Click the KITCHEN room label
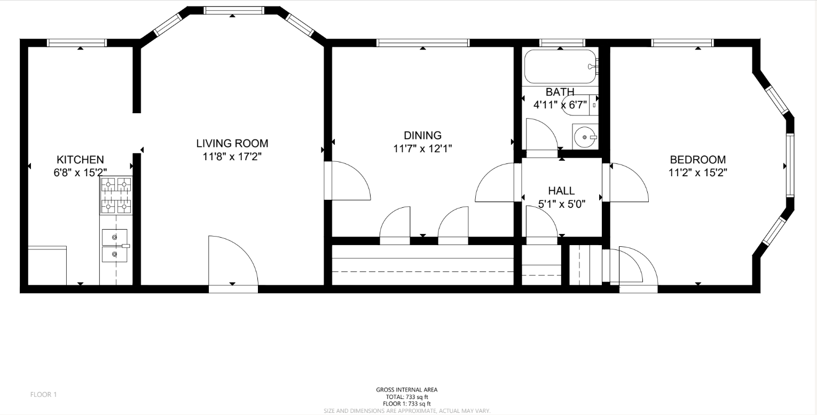pos(80,160)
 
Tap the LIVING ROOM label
pos(232,143)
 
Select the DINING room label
pos(423,136)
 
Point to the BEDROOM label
pos(698,160)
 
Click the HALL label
pos(561,191)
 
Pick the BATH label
pos(560,92)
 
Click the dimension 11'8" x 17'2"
pos(232,157)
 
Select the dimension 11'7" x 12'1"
pos(423,149)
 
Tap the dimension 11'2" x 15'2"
pos(698,173)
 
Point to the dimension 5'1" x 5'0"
pos(562,204)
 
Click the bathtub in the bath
pos(561,66)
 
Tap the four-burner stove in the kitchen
pos(116,196)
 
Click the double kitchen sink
pos(115,246)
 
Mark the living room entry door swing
pos(233,263)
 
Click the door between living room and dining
pos(348,181)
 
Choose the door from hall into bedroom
pos(625,182)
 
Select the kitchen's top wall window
pos(77,43)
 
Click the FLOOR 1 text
pos(43,395)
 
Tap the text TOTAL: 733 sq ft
pos(407,397)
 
